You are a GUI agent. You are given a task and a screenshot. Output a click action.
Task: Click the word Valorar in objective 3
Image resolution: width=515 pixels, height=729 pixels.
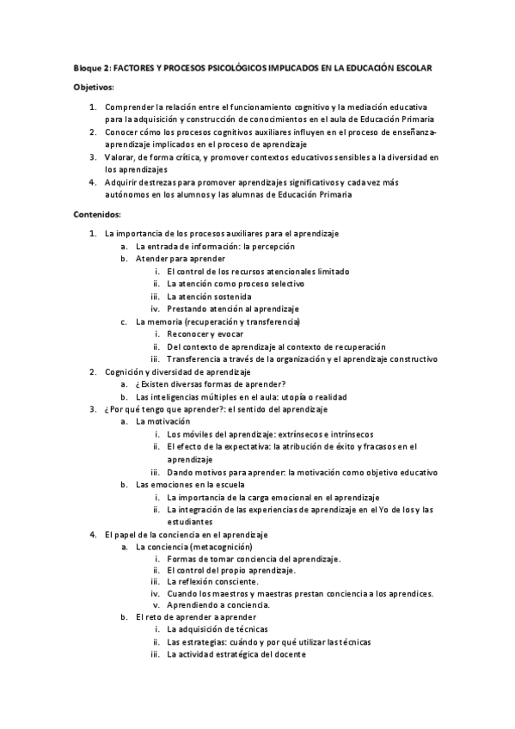tap(120, 157)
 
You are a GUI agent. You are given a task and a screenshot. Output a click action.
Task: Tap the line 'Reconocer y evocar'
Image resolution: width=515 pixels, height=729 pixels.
tap(205, 334)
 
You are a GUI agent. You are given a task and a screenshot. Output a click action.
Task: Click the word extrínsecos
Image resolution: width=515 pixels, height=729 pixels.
tap(281, 435)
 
